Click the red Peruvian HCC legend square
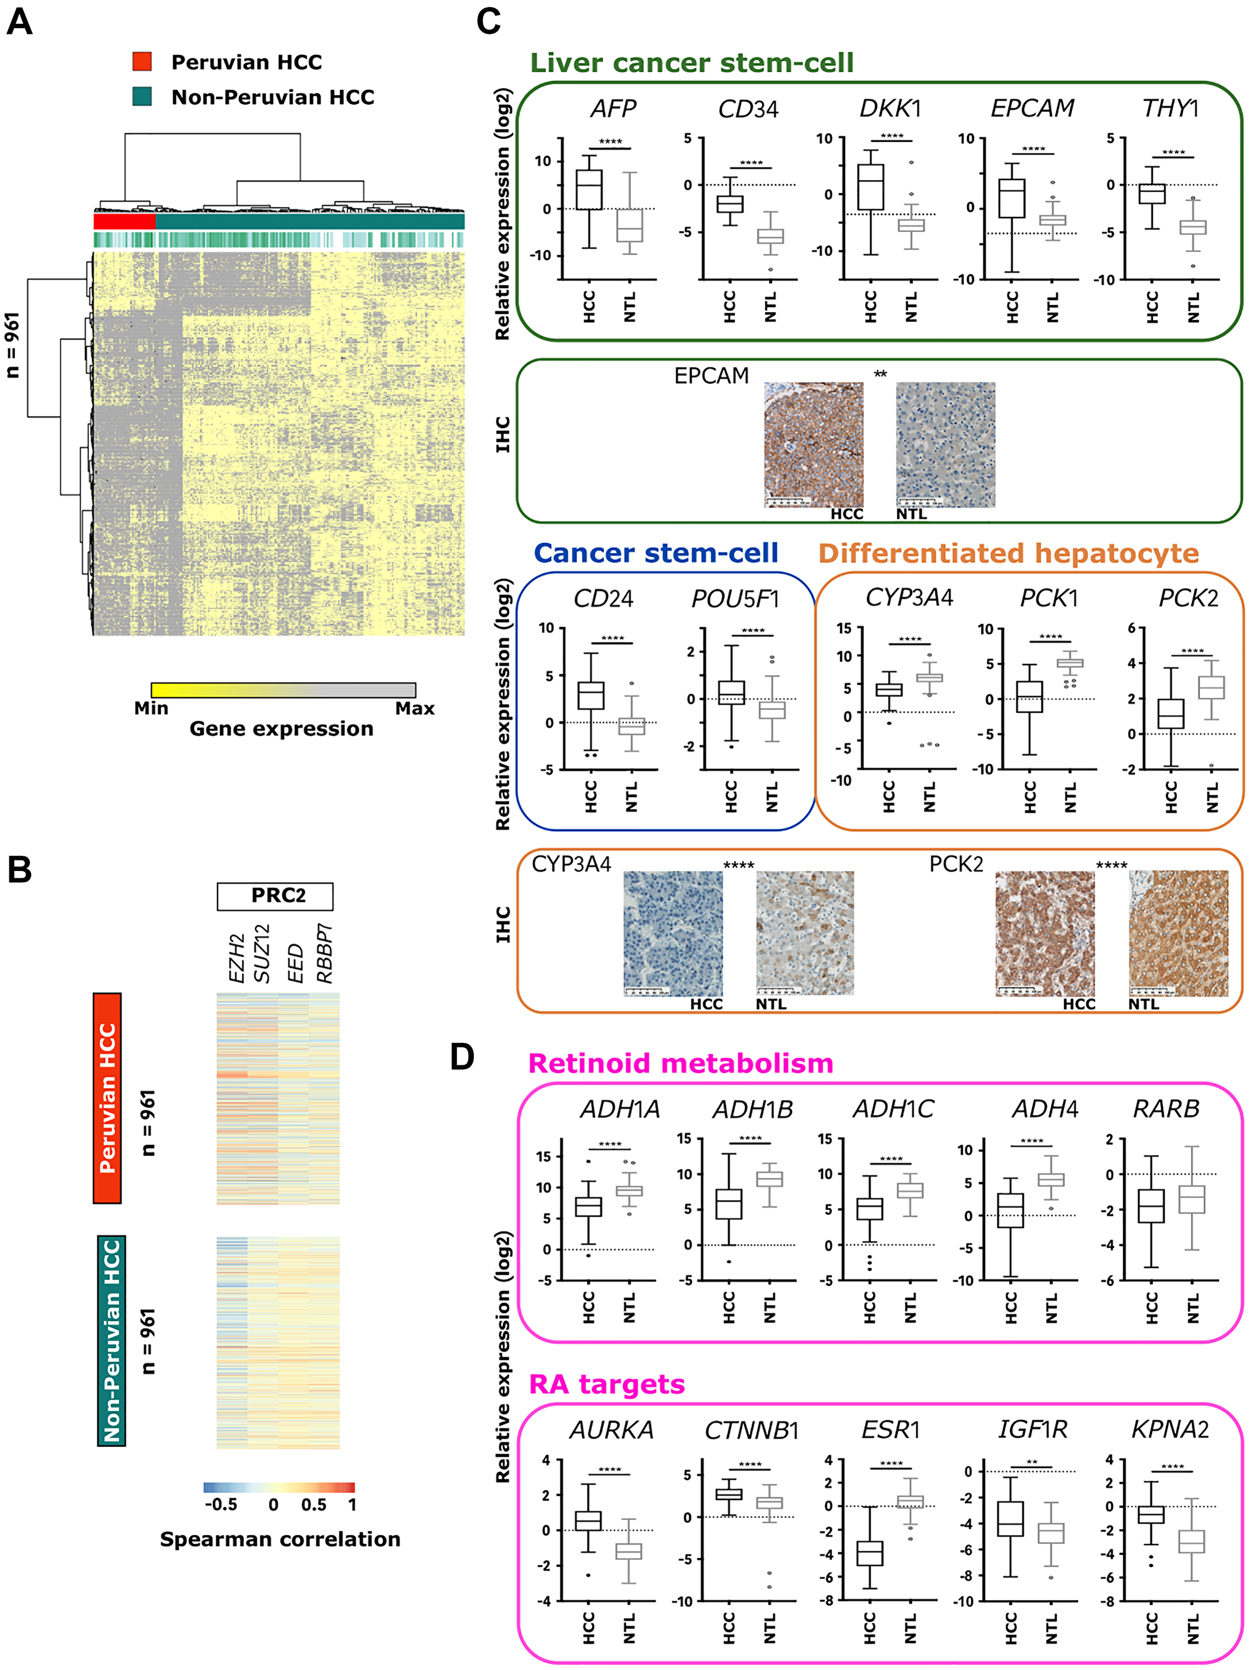(142, 61)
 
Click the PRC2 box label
(276, 895)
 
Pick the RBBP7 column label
(324, 953)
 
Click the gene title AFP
(613, 109)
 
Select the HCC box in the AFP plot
(589, 189)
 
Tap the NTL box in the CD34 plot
(770, 236)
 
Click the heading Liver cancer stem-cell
(691, 63)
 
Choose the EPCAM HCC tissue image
(813, 445)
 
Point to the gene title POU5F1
(734, 599)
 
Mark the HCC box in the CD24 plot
(590, 695)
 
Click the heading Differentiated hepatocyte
(1009, 553)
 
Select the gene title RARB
(1166, 1109)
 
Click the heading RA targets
(607, 1384)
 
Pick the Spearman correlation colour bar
(279, 1487)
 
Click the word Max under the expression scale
(414, 708)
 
